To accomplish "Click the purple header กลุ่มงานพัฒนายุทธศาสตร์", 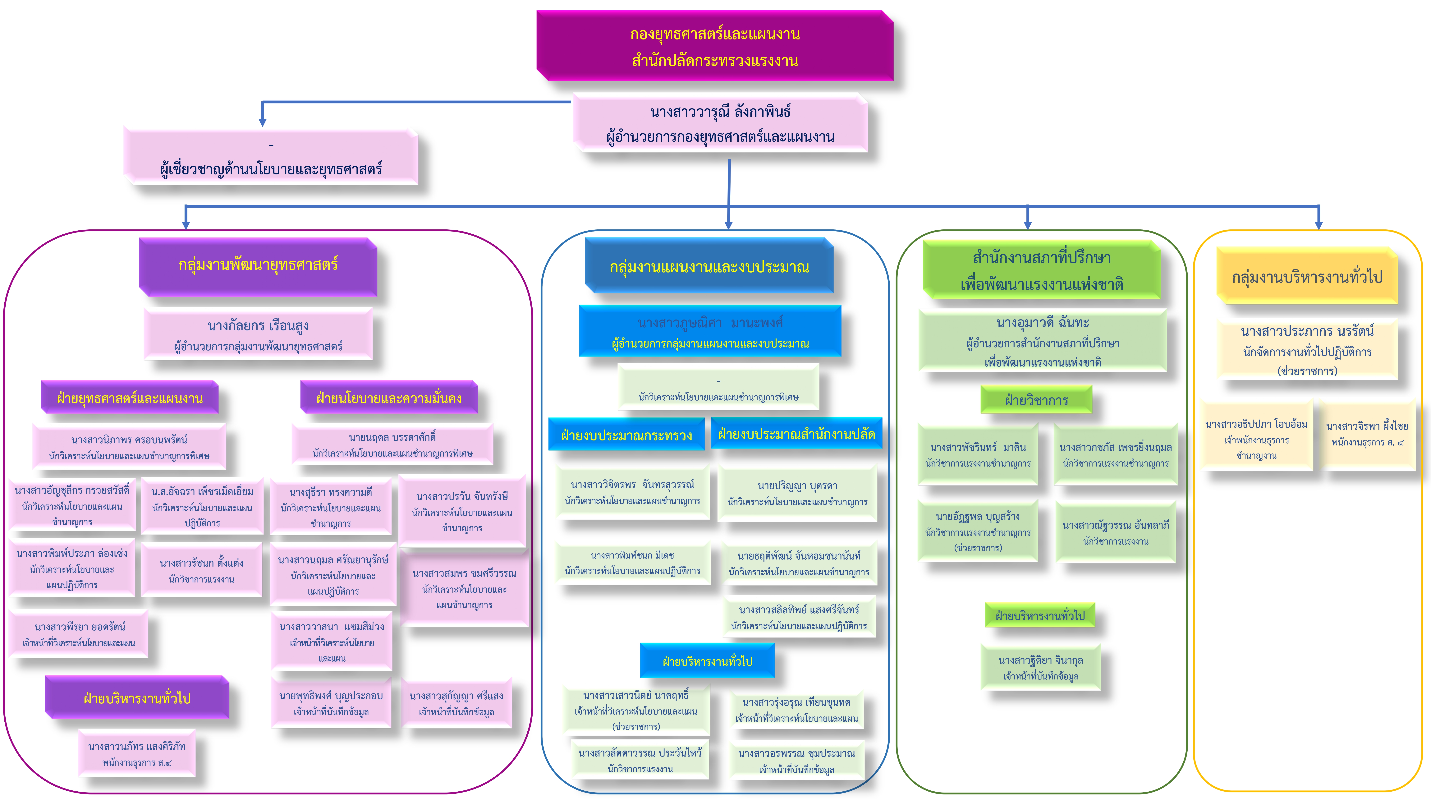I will pos(258,266).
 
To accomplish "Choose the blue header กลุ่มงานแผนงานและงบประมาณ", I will pos(709,267).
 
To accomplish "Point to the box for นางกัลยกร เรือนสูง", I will pos(258,334).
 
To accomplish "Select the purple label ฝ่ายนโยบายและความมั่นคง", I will pos(389,398).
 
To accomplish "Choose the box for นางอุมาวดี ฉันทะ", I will pos(1042,341).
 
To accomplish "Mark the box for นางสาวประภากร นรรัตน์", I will pos(1307,350).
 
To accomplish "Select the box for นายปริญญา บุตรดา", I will pos(797,493).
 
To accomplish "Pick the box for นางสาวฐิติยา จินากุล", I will pos(1040,667).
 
